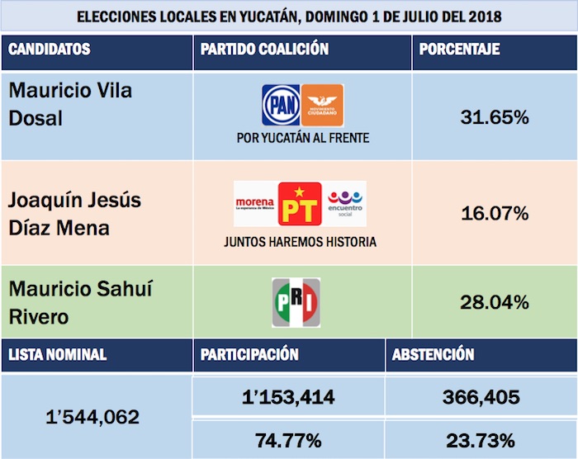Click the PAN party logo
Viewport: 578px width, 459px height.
[x=281, y=105]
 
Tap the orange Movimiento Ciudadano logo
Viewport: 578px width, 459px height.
[x=322, y=105]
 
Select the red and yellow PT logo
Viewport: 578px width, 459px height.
[x=300, y=204]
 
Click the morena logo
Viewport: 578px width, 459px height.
[x=254, y=204]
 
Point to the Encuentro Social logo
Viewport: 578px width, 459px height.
[x=345, y=203]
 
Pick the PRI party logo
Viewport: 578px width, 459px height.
[x=296, y=303]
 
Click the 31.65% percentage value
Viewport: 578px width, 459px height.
[x=494, y=117]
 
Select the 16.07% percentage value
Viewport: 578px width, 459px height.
[x=494, y=214]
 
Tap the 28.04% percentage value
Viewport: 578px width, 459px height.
[x=494, y=303]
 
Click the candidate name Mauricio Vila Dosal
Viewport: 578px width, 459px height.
[x=70, y=104]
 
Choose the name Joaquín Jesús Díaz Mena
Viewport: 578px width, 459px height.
[x=74, y=214]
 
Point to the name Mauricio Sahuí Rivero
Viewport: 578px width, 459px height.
[x=80, y=303]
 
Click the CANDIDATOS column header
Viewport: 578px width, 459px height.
[x=50, y=50]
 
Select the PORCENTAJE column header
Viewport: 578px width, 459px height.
[x=459, y=50]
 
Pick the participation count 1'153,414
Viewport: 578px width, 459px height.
[x=288, y=398]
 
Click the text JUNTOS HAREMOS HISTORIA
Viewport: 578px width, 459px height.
[x=300, y=243]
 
